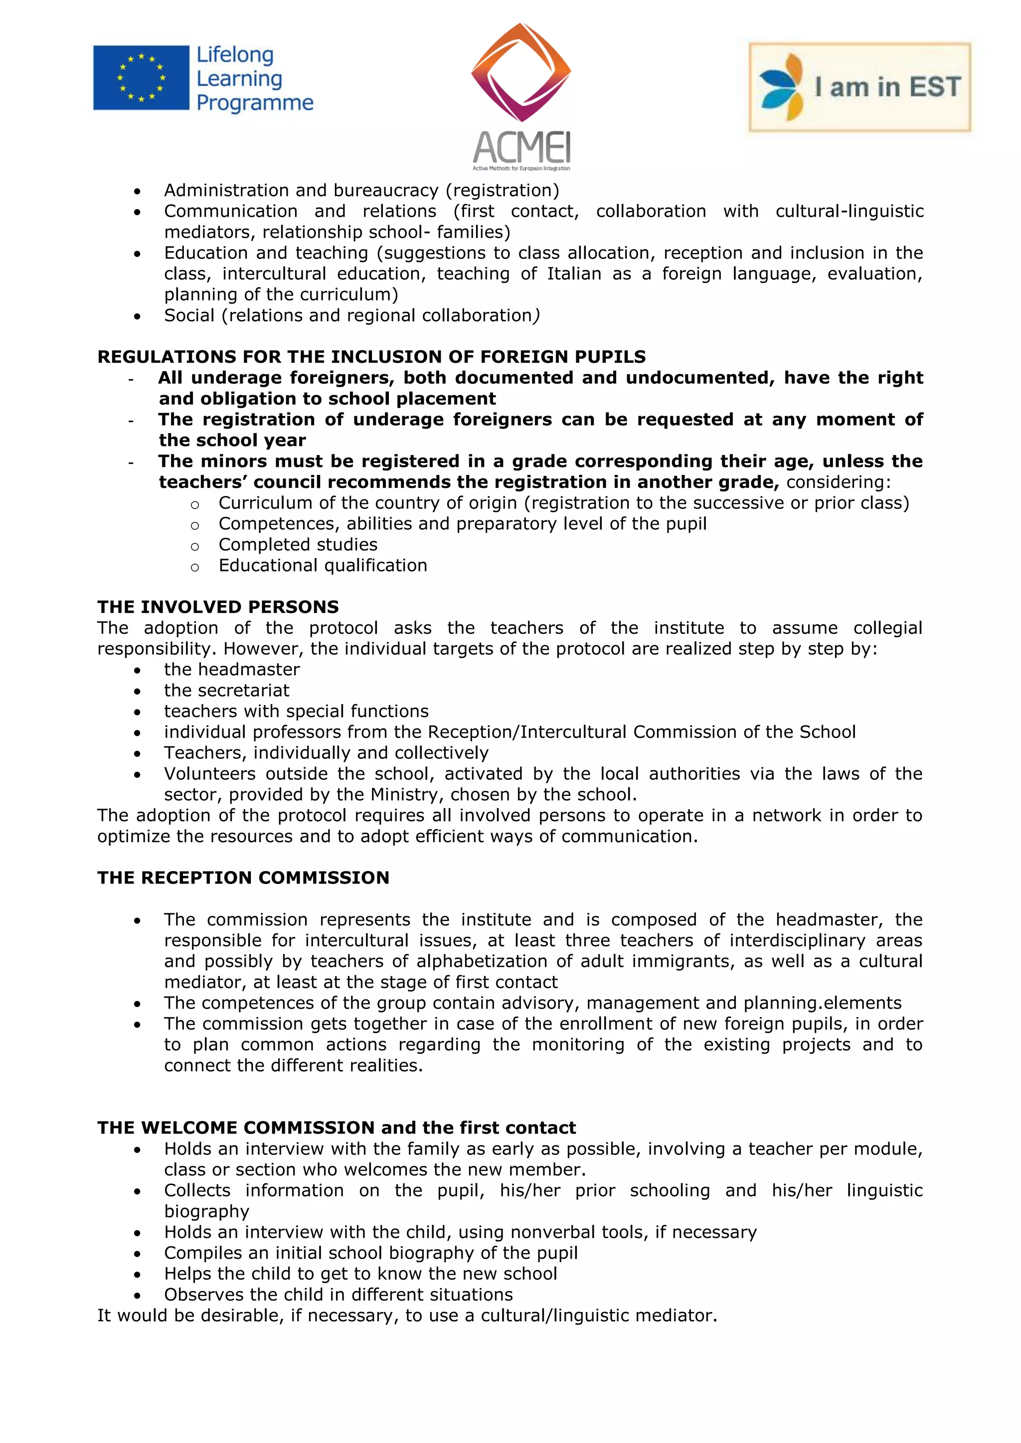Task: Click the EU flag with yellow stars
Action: click(141, 78)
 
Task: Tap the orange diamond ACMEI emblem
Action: click(520, 72)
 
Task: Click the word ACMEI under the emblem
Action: click(521, 147)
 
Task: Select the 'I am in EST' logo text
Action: click(887, 87)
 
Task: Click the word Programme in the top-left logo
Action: click(255, 103)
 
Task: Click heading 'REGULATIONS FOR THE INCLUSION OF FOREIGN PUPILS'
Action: click(371, 356)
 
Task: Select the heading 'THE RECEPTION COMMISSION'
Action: click(243, 877)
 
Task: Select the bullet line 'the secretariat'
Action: click(226, 690)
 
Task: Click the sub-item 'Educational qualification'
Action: click(323, 565)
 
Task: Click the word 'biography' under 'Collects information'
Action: click(206, 1211)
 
